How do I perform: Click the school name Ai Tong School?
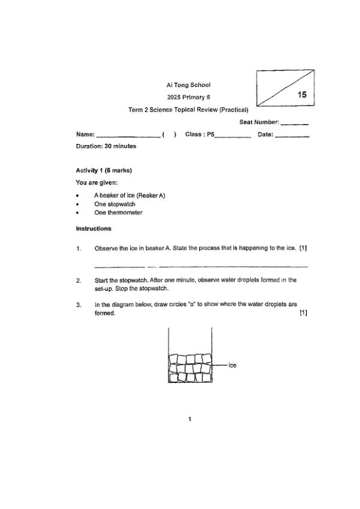coord(188,85)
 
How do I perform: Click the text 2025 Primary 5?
coord(188,97)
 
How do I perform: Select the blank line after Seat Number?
coord(294,124)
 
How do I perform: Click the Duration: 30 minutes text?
coord(106,146)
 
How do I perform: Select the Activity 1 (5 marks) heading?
coord(104,170)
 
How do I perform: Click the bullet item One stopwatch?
coord(115,204)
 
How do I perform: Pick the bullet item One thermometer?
coord(118,212)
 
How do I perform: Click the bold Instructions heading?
coord(94,228)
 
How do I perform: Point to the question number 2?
coord(79,280)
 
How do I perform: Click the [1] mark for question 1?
coord(303,248)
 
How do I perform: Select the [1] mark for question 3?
coord(303,312)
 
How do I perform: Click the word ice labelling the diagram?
coord(232,365)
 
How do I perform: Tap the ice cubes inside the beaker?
coord(189,368)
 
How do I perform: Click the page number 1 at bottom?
coord(190,419)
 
